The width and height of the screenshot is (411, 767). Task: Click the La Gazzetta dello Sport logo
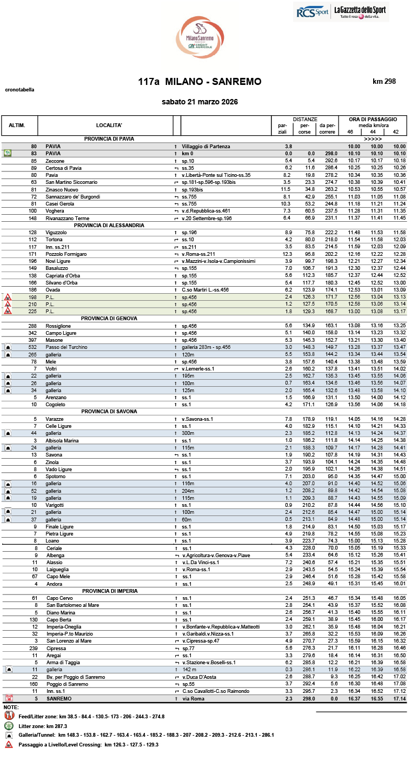360,11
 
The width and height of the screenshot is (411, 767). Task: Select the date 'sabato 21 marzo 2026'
200,102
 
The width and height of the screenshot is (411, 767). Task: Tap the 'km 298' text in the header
384,82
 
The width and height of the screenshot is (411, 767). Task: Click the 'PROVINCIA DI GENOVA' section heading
109,318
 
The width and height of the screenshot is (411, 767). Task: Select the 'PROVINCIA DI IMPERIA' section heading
109,591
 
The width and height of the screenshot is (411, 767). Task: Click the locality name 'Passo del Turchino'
67,347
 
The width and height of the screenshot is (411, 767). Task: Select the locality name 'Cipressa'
56,648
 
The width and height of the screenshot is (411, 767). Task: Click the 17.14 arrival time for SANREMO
399,698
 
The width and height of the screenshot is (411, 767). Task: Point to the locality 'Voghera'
56,210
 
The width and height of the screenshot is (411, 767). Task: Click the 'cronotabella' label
19,89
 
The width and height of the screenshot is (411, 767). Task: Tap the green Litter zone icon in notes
9,725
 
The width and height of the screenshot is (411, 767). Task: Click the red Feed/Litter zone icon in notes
9,716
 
